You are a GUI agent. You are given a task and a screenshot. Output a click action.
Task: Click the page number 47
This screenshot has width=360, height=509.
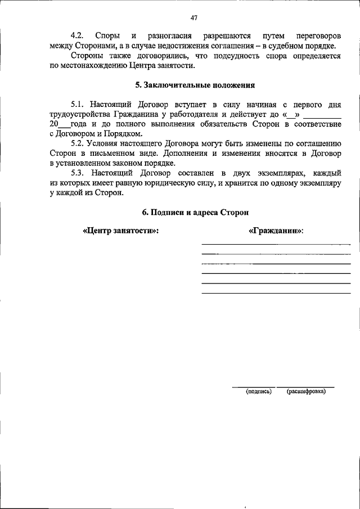(x=193, y=17)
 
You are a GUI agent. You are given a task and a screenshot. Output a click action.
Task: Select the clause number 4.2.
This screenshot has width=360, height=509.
(x=78, y=36)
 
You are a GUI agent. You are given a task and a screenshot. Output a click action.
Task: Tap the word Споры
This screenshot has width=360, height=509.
(x=107, y=36)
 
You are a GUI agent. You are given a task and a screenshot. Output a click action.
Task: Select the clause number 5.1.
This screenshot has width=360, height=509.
(x=78, y=105)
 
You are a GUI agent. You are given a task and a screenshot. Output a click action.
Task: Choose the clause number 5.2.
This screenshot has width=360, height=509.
(x=78, y=143)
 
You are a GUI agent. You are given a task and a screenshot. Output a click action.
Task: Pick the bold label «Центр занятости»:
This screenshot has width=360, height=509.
(x=120, y=231)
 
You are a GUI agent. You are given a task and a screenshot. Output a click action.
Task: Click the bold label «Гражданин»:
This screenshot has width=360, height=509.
(x=276, y=231)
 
